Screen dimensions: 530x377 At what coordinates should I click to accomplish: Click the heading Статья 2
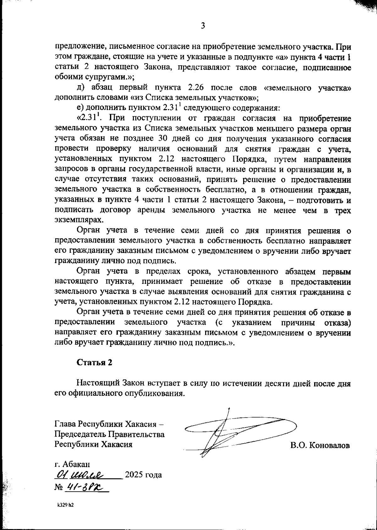point(94,362)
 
